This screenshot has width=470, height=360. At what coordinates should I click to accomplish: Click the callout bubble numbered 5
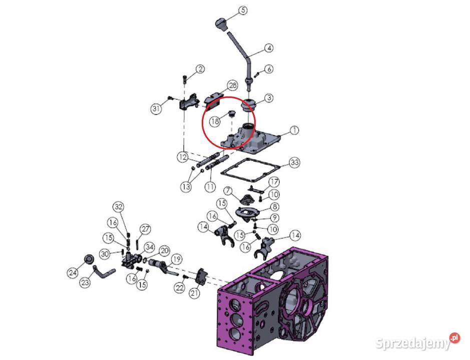243,10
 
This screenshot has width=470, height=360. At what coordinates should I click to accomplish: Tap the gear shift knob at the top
222,24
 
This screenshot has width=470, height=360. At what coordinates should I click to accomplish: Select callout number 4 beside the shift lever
269,48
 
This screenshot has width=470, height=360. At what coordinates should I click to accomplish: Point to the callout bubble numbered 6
269,69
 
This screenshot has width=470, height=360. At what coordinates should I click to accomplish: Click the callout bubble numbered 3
269,97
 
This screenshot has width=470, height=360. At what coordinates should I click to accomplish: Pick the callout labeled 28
233,85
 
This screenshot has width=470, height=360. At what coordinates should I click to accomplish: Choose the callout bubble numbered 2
200,69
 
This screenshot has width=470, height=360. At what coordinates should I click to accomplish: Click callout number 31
156,108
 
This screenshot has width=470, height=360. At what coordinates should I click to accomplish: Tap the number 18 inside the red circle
215,121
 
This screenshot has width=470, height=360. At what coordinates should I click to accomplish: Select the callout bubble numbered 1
295,130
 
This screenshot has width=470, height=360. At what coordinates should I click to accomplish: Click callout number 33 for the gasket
294,162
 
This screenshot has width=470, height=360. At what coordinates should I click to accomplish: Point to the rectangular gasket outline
251,170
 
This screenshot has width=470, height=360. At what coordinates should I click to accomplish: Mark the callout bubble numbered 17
274,182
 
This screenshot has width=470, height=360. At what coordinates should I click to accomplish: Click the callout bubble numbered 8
274,206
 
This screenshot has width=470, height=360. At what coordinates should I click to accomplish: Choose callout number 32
119,206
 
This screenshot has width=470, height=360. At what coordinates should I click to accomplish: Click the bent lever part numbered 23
103,272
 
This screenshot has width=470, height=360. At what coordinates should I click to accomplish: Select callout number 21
194,292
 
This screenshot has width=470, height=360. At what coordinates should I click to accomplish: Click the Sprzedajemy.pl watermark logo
417,341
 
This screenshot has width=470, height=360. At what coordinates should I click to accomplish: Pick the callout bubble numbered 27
145,229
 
